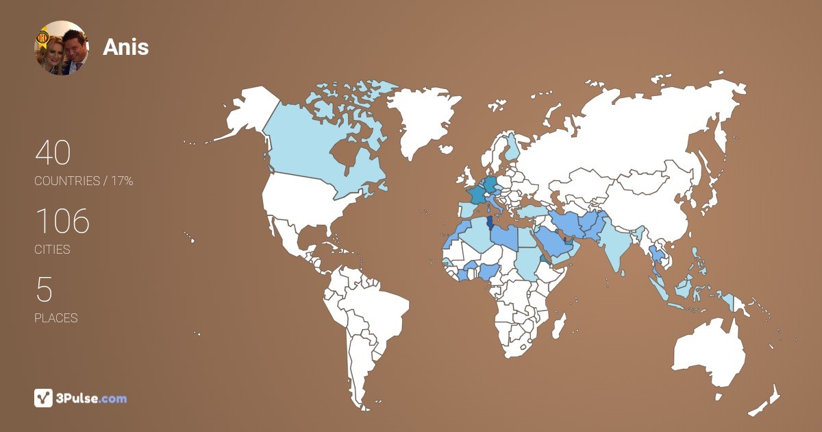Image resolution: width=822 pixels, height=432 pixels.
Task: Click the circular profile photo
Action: (x=61, y=47)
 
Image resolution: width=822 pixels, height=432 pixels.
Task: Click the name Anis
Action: (x=125, y=47)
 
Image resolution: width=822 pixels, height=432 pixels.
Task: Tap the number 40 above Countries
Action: (x=53, y=153)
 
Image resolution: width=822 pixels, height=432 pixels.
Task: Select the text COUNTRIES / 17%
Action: (x=84, y=181)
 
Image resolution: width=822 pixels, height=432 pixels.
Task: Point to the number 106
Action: (x=62, y=221)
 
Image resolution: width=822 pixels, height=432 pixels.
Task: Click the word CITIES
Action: (x=52, y=250)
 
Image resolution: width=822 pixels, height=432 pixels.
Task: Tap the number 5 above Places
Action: (x=44, y=290)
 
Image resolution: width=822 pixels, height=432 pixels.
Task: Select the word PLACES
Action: (x=55, y=318)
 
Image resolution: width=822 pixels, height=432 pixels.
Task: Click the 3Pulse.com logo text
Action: (x=90, y=398)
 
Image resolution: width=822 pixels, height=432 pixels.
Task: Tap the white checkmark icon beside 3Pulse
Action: (x=43, y=398)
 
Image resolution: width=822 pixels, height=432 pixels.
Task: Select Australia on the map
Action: (x=709, y=353)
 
